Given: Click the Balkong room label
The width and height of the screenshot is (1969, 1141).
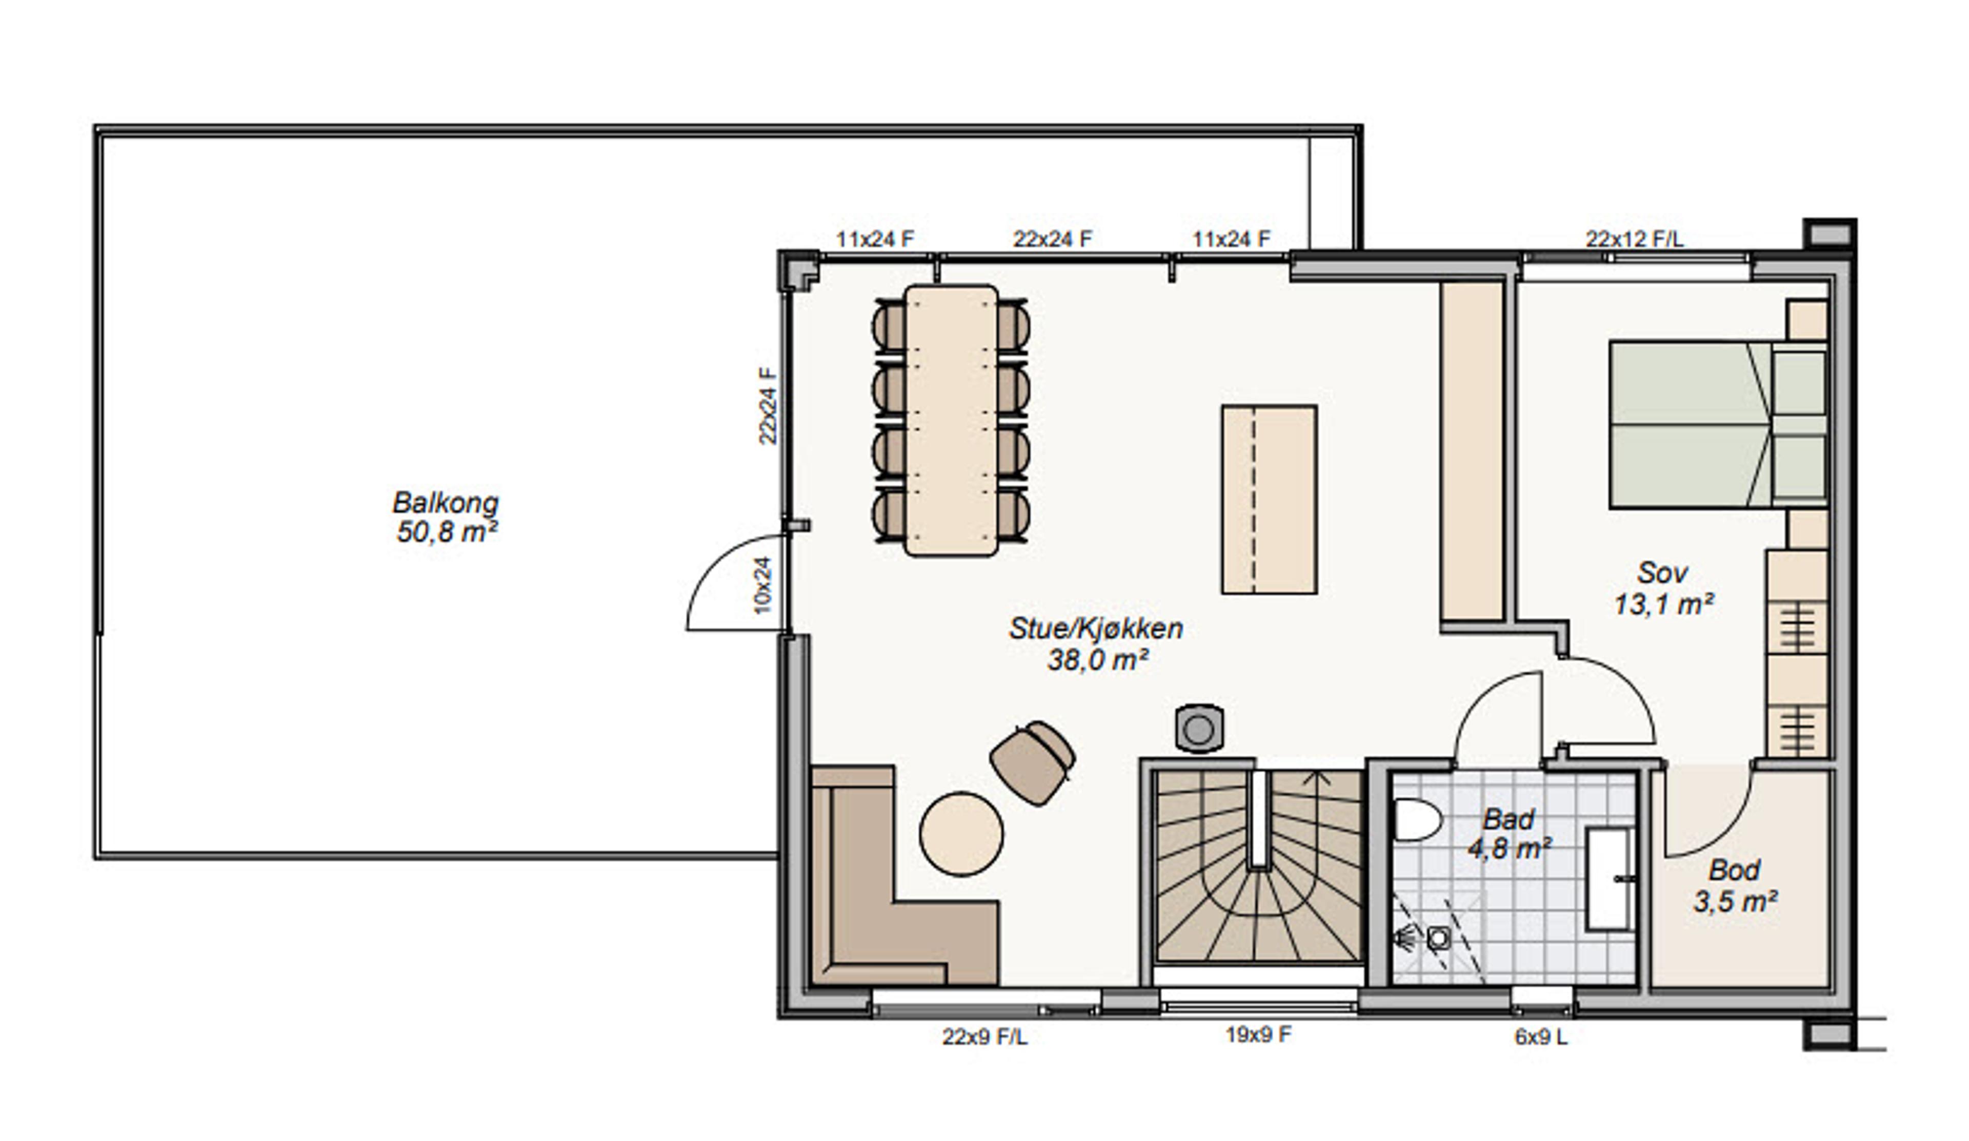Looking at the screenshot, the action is [446, 516].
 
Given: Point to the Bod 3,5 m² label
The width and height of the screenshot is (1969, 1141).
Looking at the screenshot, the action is [1735, 886].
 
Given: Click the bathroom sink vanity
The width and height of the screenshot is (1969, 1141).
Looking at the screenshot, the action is [1610, 879].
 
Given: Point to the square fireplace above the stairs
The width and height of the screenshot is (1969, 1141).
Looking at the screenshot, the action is [1199, 729].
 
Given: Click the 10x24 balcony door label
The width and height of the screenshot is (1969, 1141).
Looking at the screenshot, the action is [764, 584].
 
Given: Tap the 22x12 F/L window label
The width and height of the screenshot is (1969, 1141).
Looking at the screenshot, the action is [1635, 239].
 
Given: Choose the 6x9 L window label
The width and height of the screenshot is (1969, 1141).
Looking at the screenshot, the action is [1541, 1037].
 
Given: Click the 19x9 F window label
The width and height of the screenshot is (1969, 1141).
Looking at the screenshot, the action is [1258, 1035].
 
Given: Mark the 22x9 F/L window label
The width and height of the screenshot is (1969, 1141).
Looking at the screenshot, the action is [985, 1037].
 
